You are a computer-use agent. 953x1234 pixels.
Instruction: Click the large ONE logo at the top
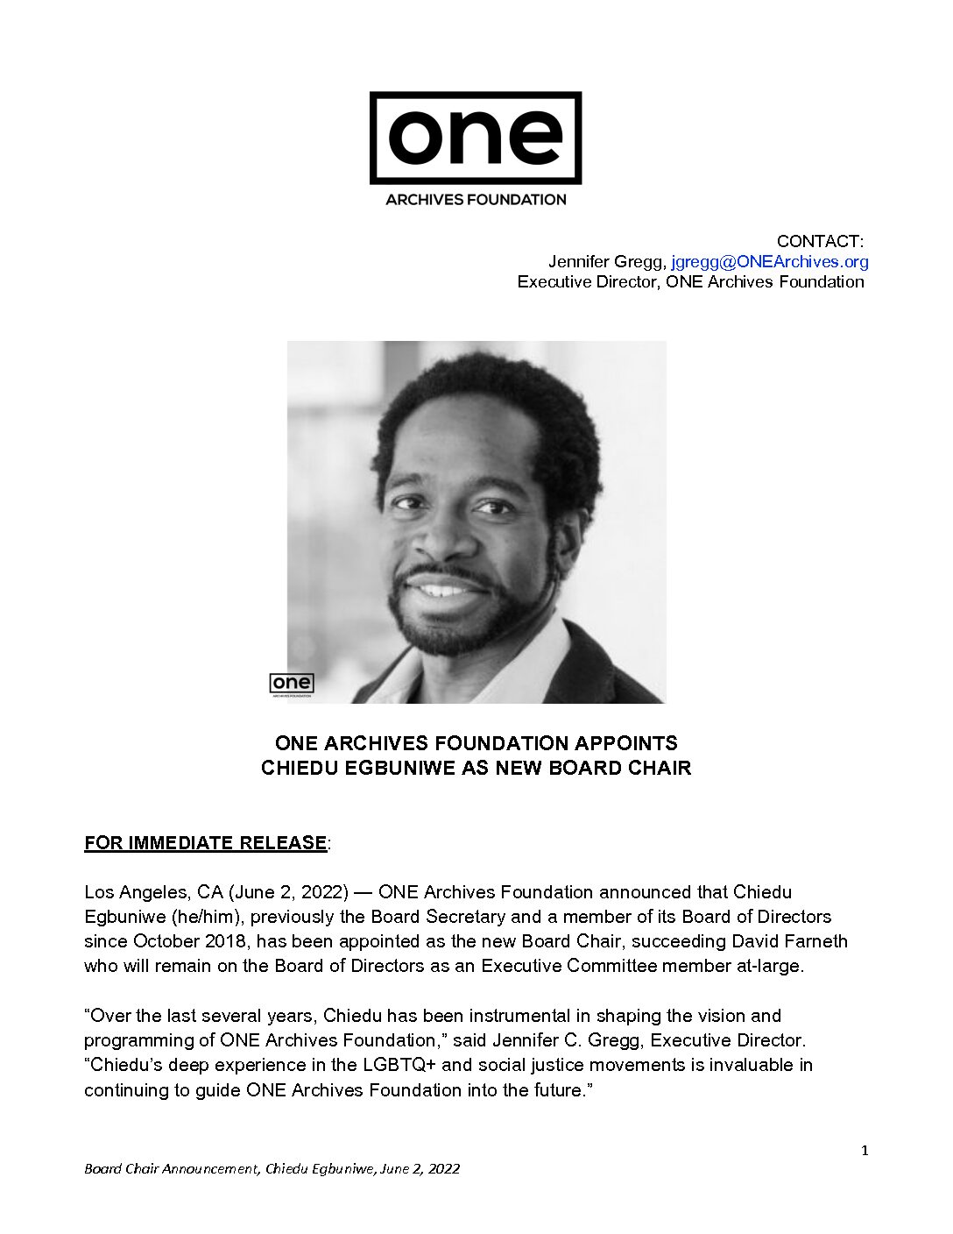pos(476,138)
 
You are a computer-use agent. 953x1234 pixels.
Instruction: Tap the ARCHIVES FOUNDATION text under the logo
pos(476,200)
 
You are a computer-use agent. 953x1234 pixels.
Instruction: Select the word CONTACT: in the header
pos(820,241)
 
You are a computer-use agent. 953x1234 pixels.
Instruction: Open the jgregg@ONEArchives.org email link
pos(770,261)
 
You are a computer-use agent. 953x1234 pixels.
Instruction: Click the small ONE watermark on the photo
pos(291,684)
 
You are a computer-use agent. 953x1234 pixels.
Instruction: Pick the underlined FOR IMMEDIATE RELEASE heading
pos(206,843)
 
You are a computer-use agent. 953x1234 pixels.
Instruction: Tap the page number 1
pos(865,1151)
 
